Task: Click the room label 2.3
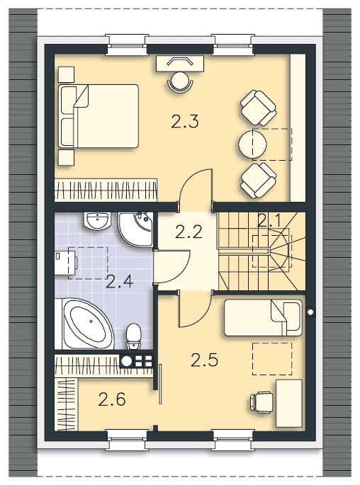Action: [185, 121]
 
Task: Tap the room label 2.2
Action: [189, 232]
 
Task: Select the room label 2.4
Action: [120, 282]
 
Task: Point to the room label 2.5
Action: [204, 360]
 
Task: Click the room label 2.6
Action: [112, 399]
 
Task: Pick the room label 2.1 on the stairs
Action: [269, 221]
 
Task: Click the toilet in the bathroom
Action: [134, 336]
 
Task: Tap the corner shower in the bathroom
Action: [135, 229]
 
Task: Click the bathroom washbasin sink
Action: [97, 221]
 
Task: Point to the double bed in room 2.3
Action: [99, 116]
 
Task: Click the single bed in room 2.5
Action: [263, 318]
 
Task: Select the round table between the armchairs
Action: [252, 144]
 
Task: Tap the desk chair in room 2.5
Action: [262, 402]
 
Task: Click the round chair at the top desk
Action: [180, 81]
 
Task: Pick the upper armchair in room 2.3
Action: [258, 108]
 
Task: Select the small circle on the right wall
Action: [310, 312]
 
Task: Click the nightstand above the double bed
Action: [66, 74]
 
